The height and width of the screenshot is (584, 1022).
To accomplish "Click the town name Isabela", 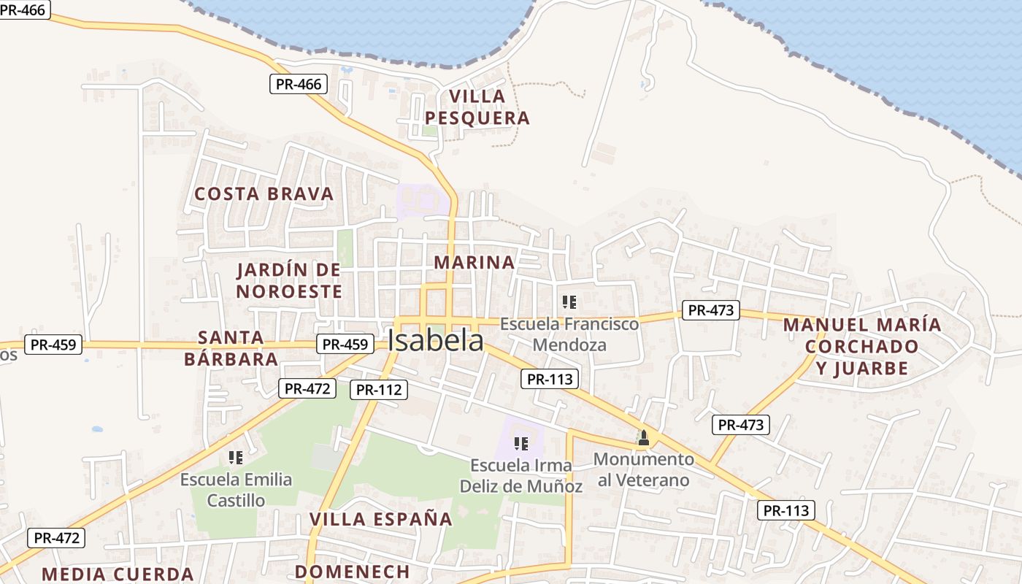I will coord(435,340).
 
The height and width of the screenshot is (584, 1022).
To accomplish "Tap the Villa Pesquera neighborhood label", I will coord(477,107).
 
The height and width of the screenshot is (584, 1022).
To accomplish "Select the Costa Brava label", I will coord(264,193).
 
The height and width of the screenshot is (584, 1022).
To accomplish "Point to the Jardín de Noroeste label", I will coord(289,281).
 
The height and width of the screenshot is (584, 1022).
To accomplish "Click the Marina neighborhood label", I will coord(474,262).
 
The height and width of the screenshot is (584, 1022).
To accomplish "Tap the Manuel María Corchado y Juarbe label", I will coord(862,346).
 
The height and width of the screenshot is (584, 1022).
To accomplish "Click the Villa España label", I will coord(380,519).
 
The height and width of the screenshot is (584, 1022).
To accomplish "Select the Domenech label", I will coord(352,572).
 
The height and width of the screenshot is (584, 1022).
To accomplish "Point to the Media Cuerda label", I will coord(118,574).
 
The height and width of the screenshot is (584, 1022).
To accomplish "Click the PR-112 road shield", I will coord(378,390).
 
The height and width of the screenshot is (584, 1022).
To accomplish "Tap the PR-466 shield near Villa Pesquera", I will coord(299,84).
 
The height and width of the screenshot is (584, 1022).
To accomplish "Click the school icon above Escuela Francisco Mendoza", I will coord(569,301).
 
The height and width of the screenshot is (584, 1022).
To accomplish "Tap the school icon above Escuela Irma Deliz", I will coord(520,443).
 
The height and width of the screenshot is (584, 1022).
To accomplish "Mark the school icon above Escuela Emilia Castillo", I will coord(235,458).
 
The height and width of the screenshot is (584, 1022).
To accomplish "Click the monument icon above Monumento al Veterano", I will coord(643,438).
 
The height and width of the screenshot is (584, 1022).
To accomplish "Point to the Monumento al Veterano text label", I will coord(643,469).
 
